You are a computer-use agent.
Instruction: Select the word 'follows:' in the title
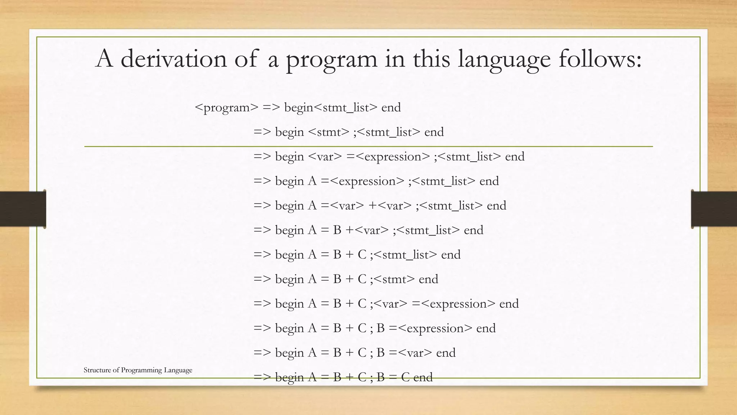coord(600,59)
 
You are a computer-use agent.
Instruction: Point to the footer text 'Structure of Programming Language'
coord(138,370)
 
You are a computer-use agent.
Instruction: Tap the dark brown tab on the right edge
coord(714,209)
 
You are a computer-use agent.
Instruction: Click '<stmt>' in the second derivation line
coord(329,132)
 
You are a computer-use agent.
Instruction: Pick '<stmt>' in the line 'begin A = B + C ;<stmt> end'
coord(394,279)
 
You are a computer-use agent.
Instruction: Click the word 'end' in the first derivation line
coord(391,108)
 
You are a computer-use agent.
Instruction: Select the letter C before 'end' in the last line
coord(405,377)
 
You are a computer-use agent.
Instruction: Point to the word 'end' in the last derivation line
coord(423,377)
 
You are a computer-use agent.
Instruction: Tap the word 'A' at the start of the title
coord(104,59)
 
